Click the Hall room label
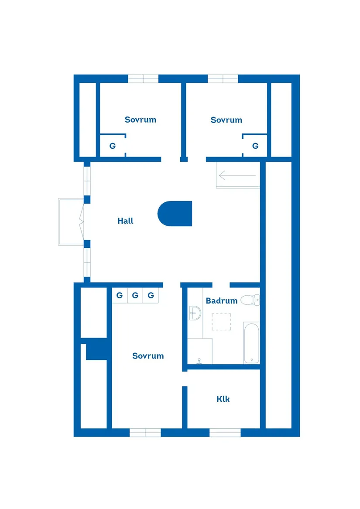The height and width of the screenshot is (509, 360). pyautogui.click(x=125, y=221)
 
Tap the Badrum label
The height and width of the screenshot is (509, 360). pyautogui.click(x=222, y=301)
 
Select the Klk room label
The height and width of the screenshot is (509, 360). pyautogui.click(x=223, y=399)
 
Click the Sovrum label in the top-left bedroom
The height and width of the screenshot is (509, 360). pyautogui.click(x=141, y=120)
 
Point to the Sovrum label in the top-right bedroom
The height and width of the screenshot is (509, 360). pyautogui.click(x=226, y=120)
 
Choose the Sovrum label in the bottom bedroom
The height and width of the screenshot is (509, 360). pyautogui.click(x=148, y=356)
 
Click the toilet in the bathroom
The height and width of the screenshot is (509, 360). pyautogui.click(x=250, y=300)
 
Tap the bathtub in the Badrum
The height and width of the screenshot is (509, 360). pyautogui.click(x=251, y=343)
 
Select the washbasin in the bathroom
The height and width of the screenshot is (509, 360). pyautogui.click(x=195, y=313)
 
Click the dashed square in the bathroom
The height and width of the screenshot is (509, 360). pyautogui.click(x=222, y=322)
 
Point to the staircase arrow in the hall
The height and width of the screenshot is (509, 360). pyautogui.click(x=237, y=176)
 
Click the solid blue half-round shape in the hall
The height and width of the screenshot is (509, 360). pyautogui.click(x=175, y=214)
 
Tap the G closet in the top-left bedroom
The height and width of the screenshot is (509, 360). pyautogui.click(x=113, y=146)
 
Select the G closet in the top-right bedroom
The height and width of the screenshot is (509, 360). pyautogui.click(x=255, y=146)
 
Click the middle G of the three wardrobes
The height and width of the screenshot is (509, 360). pyautogui.click(x=135, y=295)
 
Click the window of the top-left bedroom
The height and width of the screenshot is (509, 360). pyautogui.click(x=143, y=79)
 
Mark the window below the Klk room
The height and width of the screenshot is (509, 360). pyautogui.click(x=225, y=433)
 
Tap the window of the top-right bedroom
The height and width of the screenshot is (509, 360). pyautogui.click(x=223, y=79)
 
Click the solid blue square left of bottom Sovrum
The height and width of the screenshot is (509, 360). pyautogui.click(x=96, y=349)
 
